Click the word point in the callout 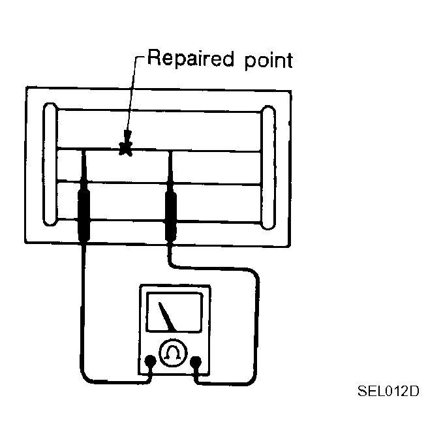click(264, 61)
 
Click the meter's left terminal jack click(151, 360)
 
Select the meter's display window click(174, 313)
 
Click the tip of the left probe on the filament click(84, 152)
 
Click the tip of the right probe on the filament click(170, 153)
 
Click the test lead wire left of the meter click(84, 313)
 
